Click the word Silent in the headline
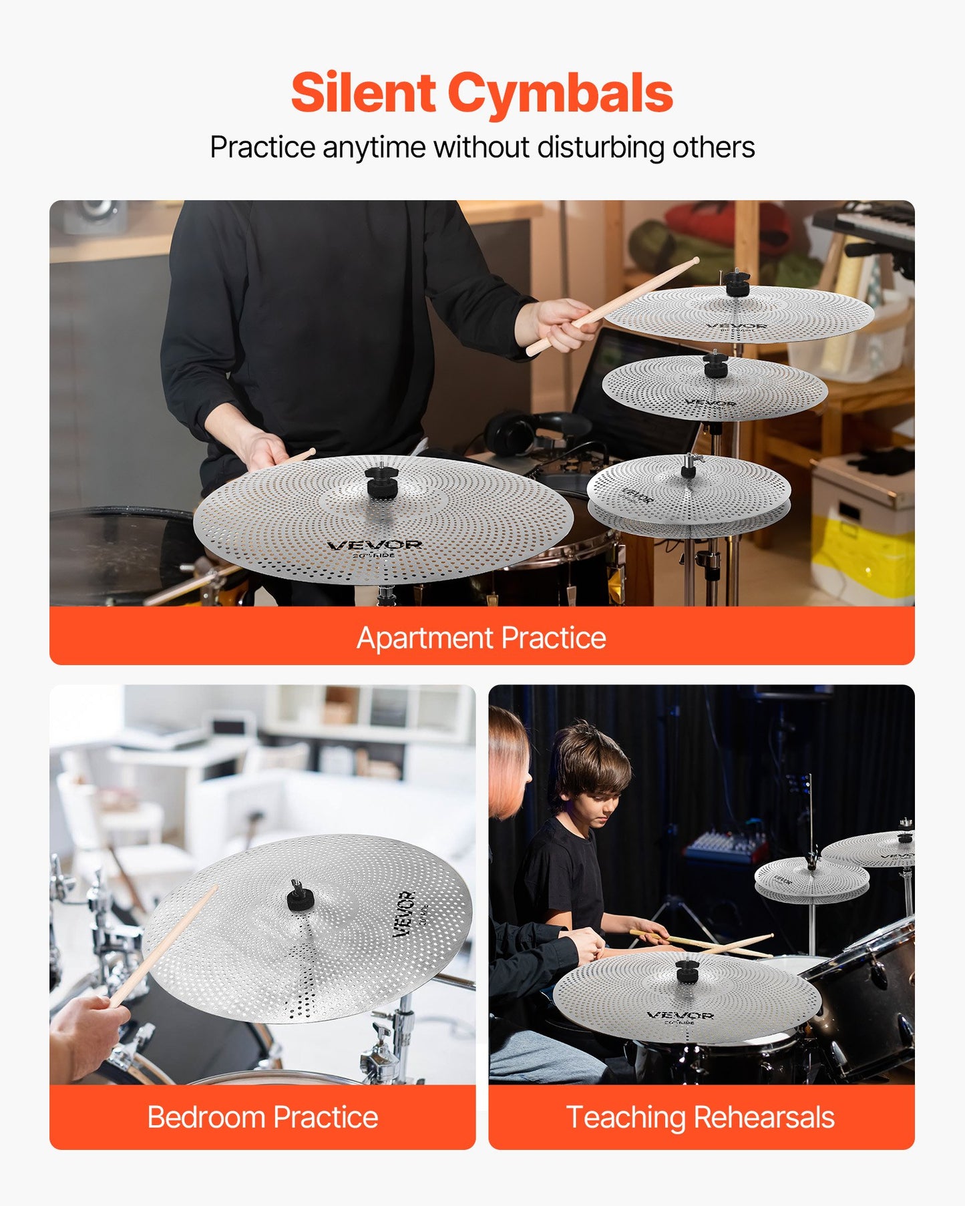coord(363,93)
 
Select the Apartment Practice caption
coord(481,638)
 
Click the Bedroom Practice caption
coord(262,1117)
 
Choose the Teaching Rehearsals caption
coord(701,1117)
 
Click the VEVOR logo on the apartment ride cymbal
coord(375,545)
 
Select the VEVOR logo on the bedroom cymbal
coord(403,913)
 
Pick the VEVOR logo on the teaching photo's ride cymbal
coord(680,1015)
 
